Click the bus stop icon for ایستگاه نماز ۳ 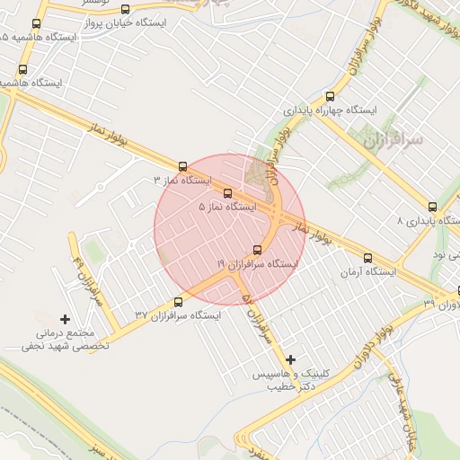coord(183,166)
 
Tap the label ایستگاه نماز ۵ coord(227,207)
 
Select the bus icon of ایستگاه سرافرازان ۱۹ coord(258,250)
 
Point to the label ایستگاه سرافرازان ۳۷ coord(178,315)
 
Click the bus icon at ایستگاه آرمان coord(367,258)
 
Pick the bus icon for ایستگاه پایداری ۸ coord(433,207)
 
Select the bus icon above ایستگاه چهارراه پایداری coord(330,96)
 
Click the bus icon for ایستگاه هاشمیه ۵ coord(36,23)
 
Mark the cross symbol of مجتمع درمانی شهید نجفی coord(65,319)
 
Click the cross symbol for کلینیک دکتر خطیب coord(290,359)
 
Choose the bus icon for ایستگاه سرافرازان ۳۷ coord(178,302)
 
